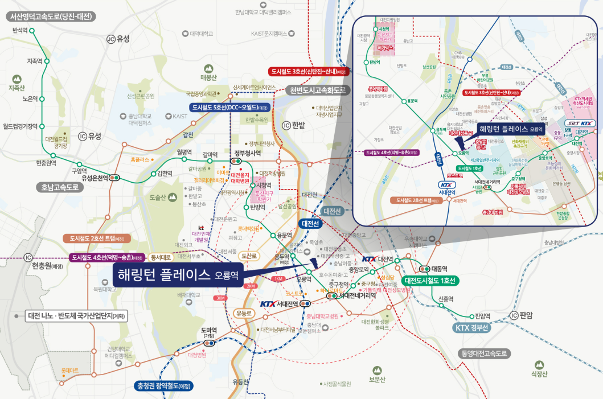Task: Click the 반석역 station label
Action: (20, 30)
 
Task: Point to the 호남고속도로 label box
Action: (59, 187)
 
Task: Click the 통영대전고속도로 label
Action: (483, 353)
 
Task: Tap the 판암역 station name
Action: (482, 316)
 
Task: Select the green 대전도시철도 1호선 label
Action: (430, 281)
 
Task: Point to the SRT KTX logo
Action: (580, 124)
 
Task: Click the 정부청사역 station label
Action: (248, 153)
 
